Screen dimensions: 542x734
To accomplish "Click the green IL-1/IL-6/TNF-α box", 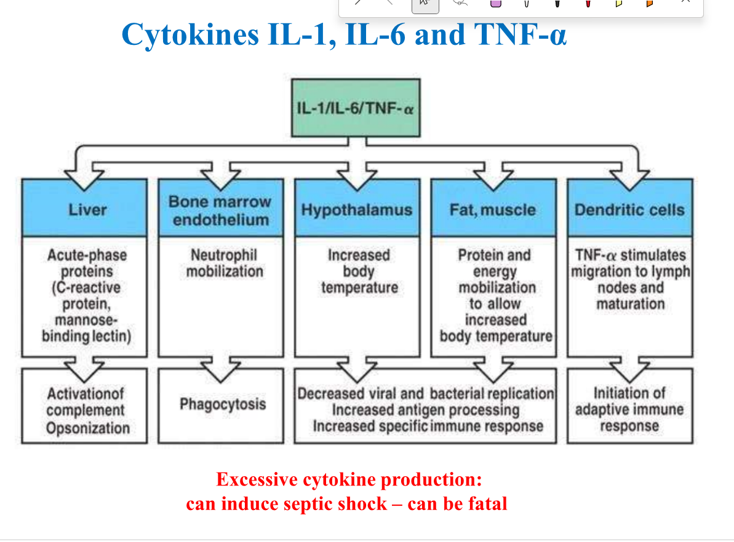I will pyautogui.click(x=356, y=108).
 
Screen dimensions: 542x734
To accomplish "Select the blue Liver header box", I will pyautogui.click(x=85, y=209).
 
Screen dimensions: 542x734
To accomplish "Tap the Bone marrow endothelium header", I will pyautogui.click(x=220, y=210).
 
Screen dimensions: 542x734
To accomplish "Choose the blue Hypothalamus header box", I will pyautogui.click(x=357, y=209).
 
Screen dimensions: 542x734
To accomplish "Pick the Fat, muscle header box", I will pyautogui.click(x=493, y=209).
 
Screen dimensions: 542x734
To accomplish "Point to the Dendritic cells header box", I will pyautogui.click(x=629, y=209).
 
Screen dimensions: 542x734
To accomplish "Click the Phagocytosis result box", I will pyautogui.click(x=221, y=404).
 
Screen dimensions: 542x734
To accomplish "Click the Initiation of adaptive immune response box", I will pyautogui.click(x=629, y=409).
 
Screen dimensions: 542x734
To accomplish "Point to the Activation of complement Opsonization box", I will pyautogui.click(x=86, y=410).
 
